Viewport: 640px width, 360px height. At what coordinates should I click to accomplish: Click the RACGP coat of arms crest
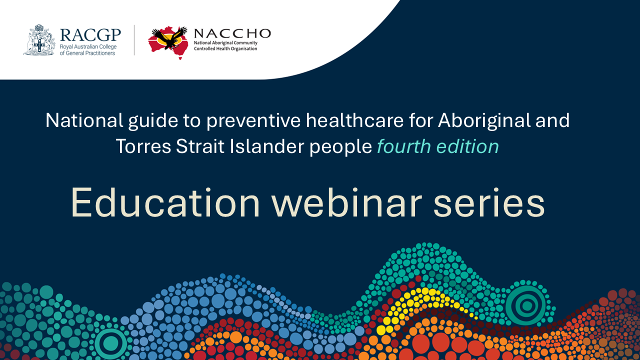39,40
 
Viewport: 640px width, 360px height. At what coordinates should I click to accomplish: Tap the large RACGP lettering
90,35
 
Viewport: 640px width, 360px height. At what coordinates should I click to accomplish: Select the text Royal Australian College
88,47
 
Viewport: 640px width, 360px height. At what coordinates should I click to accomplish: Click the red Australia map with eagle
168,42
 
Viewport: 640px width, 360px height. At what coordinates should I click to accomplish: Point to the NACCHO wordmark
232,33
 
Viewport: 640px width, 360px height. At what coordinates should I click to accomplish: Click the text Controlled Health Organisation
225,49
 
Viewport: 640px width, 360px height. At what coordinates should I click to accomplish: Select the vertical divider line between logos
134,40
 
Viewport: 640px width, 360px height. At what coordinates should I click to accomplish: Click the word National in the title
84,120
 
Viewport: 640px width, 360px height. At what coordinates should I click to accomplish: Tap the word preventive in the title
253,121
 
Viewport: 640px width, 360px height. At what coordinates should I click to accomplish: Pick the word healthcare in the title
354,120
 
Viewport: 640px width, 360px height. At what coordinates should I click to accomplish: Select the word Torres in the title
143,146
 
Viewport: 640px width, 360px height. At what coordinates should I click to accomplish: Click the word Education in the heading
165,202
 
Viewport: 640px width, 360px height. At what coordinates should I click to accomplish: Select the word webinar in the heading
346,202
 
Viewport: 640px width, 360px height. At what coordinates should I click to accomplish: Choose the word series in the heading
489,202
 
